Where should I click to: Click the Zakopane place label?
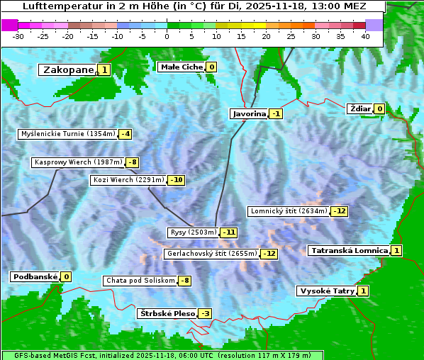click(x=68, y=69)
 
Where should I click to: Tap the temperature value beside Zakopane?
click(x=104, y=69)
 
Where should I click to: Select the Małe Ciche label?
click(x=182, y=67)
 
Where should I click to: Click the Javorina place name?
click(x=249, y=113)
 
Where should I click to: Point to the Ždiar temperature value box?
click(x=379, y=108)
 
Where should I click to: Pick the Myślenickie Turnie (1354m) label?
click(x=67, y=133)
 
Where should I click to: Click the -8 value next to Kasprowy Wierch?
click(x=132, y=162)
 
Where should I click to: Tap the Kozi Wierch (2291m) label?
click(x=128, y=180)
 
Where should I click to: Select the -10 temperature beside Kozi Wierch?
click(x=177, y=180)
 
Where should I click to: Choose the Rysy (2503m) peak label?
click(x=193, y=232)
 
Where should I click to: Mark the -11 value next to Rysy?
click(x=228, y=232)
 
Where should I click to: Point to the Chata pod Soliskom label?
click(x=140, y=281)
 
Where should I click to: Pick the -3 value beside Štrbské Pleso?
click(x=205, y=313)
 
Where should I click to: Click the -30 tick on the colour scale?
click(x=18, y=36)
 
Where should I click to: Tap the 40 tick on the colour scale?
click(x=365, y=36)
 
